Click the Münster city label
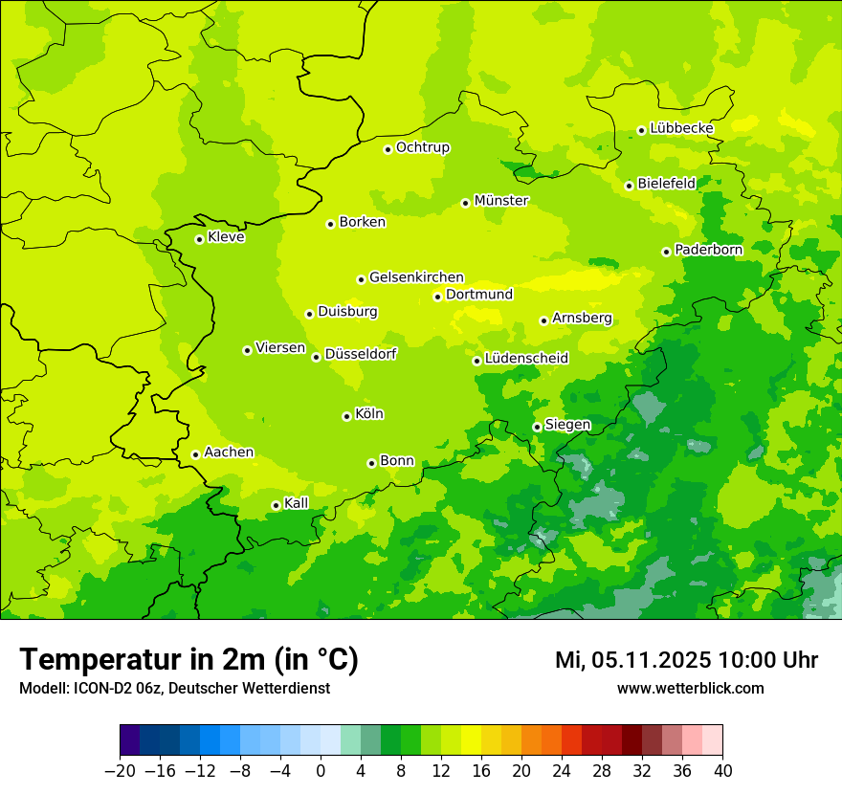pos(501,201)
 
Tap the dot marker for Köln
pos(346,416)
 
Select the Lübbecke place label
pos(681,128)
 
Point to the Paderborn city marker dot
pos(666,252)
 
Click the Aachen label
pos(229,452)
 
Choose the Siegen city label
pos(567,425)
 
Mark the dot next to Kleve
pos(199,239)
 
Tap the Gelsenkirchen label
pos(416,277)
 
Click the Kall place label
pos(297,503)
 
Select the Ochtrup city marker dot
pos(388,149)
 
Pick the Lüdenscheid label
pos(526,359)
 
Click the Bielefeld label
pos(666,184)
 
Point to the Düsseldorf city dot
pos(316,357)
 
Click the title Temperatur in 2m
pos(188,659)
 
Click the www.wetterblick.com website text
pos(690,688)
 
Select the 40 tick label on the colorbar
pos(722,771)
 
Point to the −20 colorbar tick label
pos(120,771)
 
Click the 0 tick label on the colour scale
pos(321,771)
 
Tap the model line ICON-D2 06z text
pos(174,688)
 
